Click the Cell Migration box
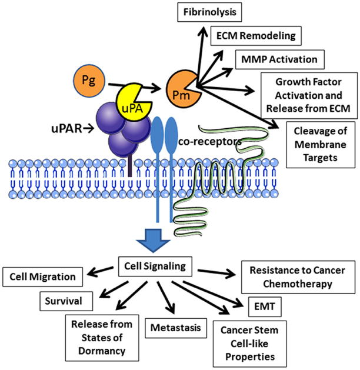[x=46, y=276]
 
